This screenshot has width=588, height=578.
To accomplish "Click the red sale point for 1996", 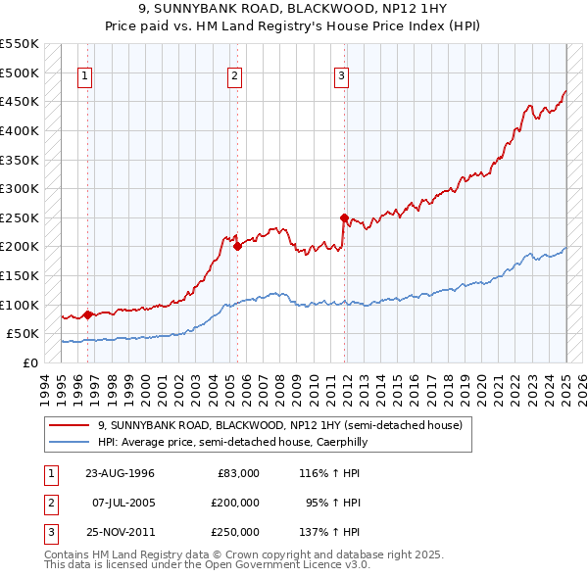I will tap(87, 314).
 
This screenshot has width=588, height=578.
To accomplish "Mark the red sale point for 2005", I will tap(237, 247).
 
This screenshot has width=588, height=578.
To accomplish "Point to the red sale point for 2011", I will tap(344, 217).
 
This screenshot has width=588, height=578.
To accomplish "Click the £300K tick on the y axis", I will tap(20, 188).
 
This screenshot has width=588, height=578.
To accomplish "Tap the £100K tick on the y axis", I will tap(20, 305).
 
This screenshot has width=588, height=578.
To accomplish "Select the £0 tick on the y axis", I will tap(29, 362).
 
